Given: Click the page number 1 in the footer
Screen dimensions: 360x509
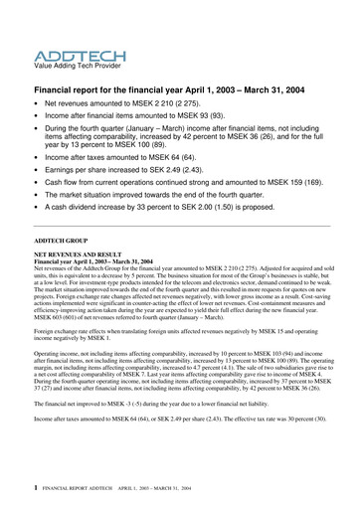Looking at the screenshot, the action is [x=36, y=489].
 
